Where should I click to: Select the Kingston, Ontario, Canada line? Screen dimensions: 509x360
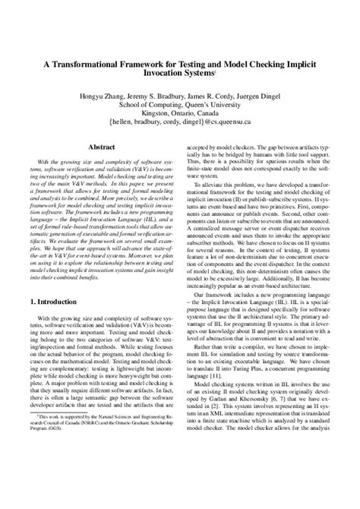point(180,119)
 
